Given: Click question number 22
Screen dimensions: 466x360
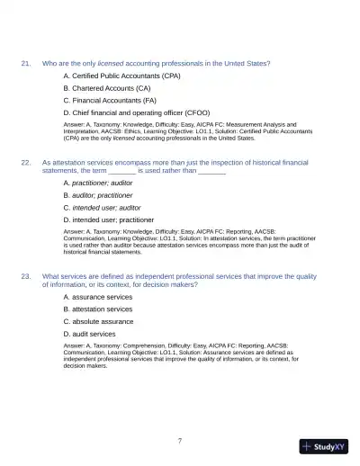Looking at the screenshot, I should (26, 162).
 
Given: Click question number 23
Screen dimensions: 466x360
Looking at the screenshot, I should (26, 276).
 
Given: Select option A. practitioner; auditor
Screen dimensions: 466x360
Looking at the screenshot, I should (97, 183).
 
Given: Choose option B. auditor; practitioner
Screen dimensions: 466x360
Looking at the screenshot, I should (97, 194).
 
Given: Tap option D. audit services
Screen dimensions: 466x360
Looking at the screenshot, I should (89, 334).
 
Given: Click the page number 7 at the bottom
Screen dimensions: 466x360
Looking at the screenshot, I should (180, 440).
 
